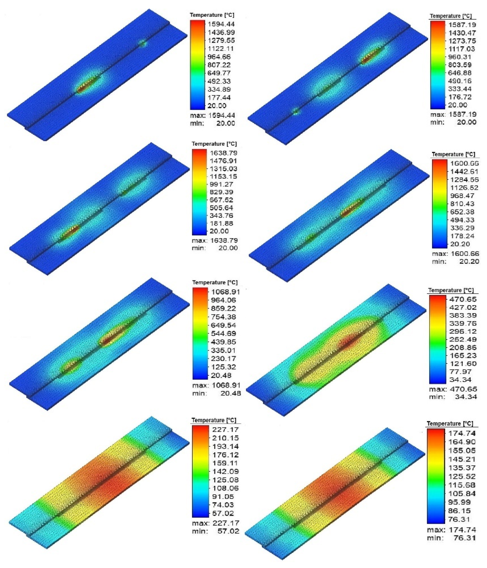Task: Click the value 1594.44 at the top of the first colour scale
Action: [221, 24]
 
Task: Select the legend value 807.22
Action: [221, 65]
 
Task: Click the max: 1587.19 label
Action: [453, 114]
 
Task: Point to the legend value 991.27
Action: [223, 184]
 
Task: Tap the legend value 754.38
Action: [223, 317]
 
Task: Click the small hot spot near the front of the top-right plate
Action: [296, 111]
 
